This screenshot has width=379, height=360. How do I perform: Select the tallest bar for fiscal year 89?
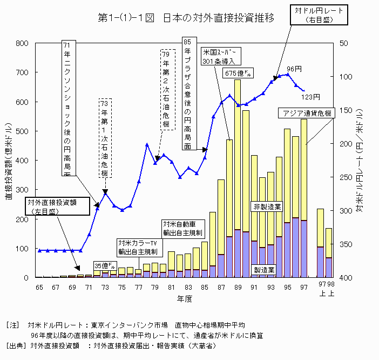click(x=237, y=178)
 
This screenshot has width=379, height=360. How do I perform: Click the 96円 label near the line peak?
click(x=294, y=69)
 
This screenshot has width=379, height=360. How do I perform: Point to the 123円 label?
click(x=311, y=97)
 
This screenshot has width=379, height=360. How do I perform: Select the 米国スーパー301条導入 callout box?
click(x=221, y=57)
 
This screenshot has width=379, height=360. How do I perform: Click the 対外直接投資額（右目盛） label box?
click(x=51, y=206)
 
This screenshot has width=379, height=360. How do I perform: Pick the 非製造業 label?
click(x=267, y=206)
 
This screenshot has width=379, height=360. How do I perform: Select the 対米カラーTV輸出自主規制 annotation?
click(x=138, y=247)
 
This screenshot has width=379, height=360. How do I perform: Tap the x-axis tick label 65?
click(x=39, y=287)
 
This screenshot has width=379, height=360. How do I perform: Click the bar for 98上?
click(x=329, y=253)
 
